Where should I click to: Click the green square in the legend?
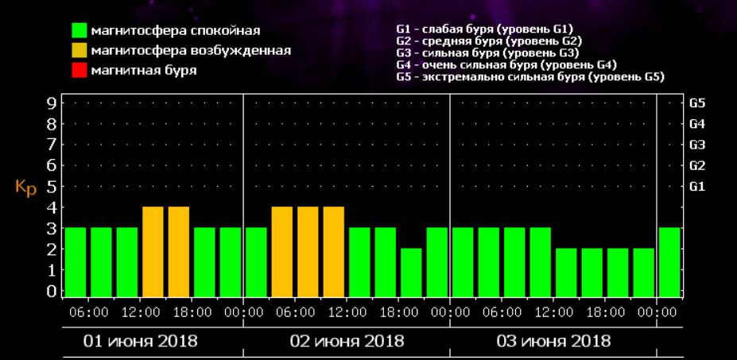point(79,31)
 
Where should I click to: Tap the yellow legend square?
point(79,51)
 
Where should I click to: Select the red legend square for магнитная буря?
point(79,71)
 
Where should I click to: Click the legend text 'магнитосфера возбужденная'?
point(191,50)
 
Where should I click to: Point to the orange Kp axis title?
point(25,188)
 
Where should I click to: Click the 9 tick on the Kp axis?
point(51,103)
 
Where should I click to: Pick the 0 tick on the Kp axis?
point(51,291)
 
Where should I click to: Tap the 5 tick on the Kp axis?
point(51,187)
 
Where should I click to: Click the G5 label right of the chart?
point(697,103)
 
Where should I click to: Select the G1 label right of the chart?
point(697,187)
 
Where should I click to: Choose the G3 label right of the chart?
point(697,145)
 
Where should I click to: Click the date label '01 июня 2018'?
point(142,342)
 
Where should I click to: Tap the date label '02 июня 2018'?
point(347,342)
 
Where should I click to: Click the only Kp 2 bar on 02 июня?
point(411,272)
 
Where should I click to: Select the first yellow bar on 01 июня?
point(153,250)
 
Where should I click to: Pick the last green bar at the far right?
point(669,261)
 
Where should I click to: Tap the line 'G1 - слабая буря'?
point(483,30)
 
